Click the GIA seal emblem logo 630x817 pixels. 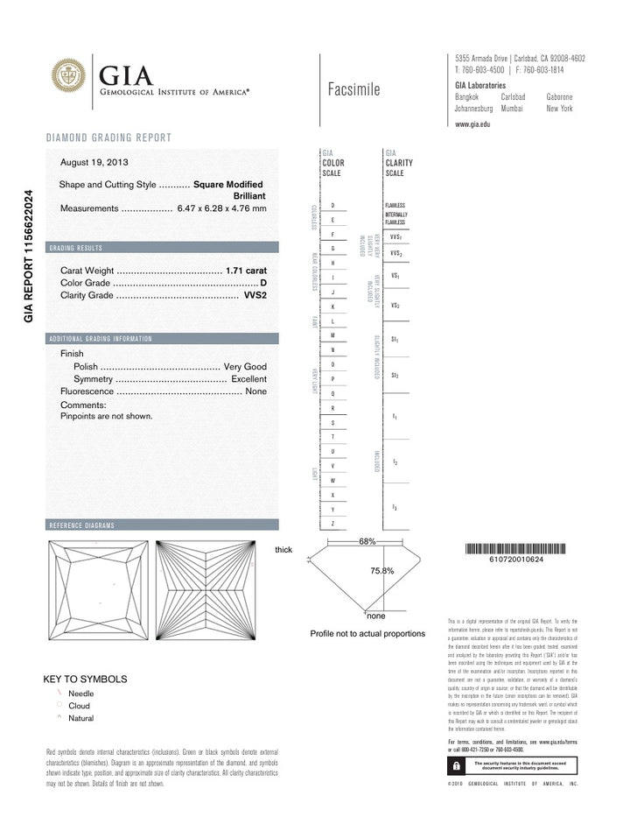[x=68, y=76]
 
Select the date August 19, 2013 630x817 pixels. [x=94, y=162]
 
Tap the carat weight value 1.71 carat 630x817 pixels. [x=246, y=271]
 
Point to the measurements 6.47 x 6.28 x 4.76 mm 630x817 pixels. [x=221, y=208]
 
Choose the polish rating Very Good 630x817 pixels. [x=245, y=366]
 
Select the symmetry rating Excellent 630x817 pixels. [x=248, y=379]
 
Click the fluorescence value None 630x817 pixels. [x=255, y=392]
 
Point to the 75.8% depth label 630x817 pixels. [x=382, y=570]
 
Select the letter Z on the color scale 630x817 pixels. [x=333, y=523]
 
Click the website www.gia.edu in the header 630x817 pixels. [x=472, y=125]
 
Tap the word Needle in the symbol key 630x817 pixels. [x=81, y=693]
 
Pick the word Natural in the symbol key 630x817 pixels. [x=80, y=718]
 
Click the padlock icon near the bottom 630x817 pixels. [x=456, y=764]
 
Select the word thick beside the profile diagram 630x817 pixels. [x=283, y=550]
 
